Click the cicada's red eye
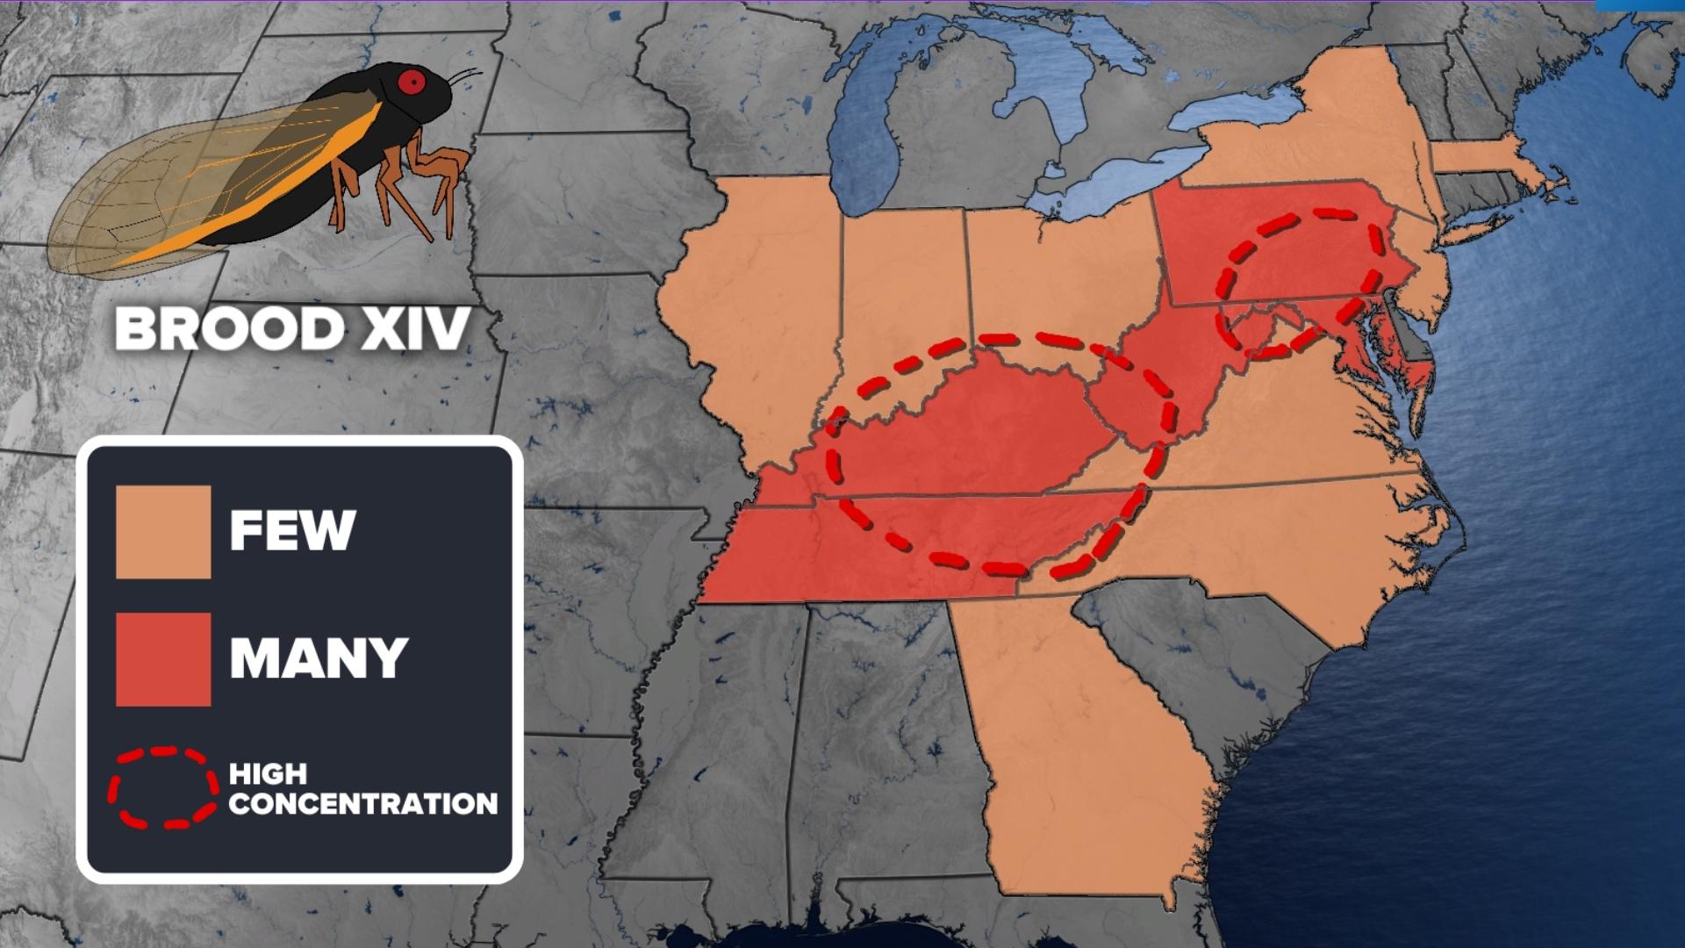point(412,82)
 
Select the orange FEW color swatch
point(163,532)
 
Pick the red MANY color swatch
point(163,659)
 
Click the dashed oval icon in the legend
point(163,787)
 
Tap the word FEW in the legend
point(292,530)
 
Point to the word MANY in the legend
point(319,657)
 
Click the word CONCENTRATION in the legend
point(362,804)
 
